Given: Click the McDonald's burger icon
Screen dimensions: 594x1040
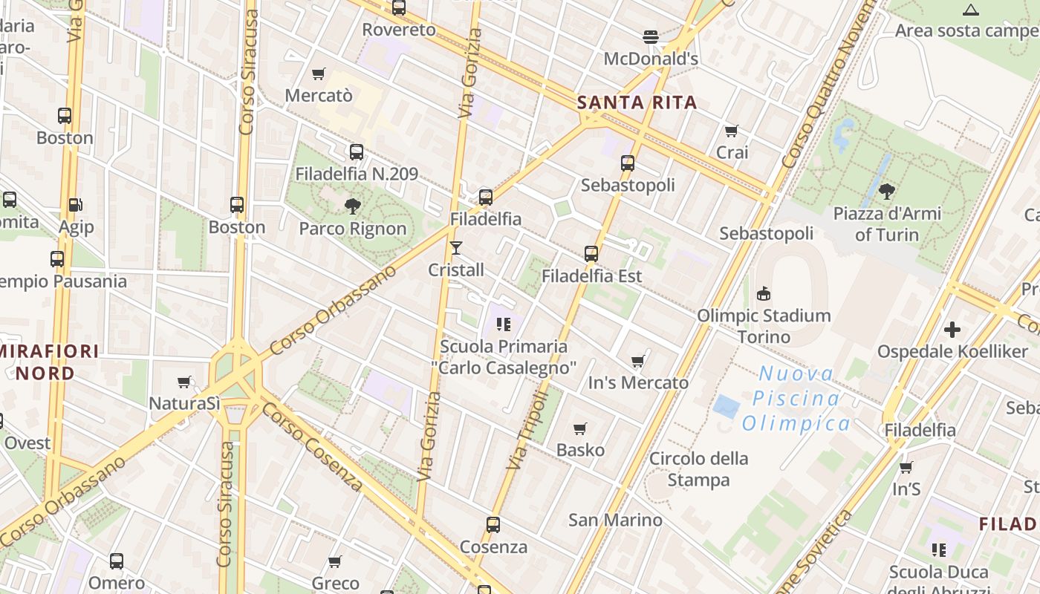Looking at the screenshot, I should (651, 36).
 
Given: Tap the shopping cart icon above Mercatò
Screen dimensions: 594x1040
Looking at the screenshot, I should (319, 74).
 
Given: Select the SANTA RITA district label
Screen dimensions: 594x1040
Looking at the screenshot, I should (637, 102).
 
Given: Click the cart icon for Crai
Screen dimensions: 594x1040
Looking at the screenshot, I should (732, 131).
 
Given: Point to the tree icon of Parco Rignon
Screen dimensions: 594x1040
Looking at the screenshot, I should (353, 206).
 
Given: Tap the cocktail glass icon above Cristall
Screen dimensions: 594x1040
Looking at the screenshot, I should (456, 247).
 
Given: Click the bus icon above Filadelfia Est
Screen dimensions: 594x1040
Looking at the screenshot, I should (591, 253).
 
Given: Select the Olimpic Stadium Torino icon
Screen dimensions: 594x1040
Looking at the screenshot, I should (763, 293).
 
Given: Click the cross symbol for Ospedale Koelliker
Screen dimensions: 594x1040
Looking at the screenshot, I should (952, 329).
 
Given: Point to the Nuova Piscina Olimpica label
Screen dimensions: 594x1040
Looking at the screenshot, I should (796, 399).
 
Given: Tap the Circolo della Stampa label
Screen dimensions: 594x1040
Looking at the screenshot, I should (698, 469).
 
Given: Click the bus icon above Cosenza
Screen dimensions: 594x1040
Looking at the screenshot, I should (493, 525).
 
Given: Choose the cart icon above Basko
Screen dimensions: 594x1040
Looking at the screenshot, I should (580, 428).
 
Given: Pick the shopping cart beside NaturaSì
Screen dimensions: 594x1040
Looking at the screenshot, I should (184, 382).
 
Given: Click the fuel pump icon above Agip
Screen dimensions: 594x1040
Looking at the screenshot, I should (75, 204).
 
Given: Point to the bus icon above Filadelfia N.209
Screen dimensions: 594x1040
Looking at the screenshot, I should (357, 152).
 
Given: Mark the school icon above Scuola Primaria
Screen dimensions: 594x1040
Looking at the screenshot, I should (504, 324).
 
